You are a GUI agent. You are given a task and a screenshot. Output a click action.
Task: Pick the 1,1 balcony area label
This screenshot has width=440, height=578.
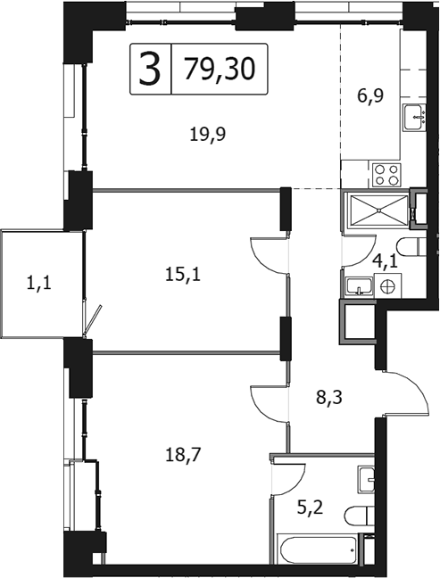click(x=38, y=285)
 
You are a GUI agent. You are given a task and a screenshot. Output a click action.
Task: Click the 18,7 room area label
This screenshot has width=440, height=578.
click(x=185, y=454)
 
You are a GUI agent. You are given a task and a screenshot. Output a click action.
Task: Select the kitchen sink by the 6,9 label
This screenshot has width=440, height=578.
click(x=414, y=117)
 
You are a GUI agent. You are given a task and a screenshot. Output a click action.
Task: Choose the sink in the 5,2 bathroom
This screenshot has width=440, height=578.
click(x=369, y=479)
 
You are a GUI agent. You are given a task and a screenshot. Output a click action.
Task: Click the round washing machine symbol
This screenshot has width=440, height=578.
click(x=386, y=285)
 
